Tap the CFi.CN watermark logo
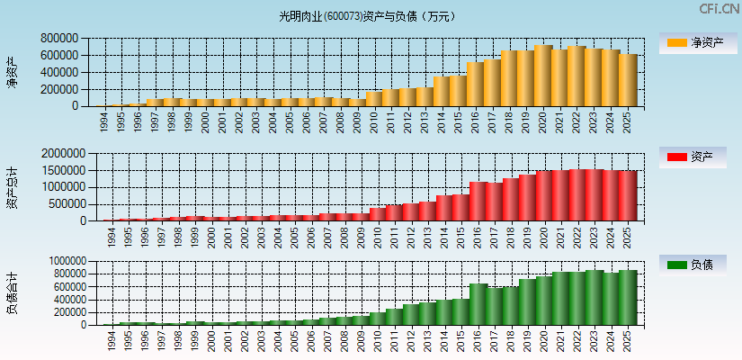[x=720, y=9]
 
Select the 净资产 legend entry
[x=693, y=42]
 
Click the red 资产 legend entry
[x=693, y=157]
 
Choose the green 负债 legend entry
[x=693, y=265]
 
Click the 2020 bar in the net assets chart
[x=542, y=76]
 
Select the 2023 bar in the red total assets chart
[x=593, y=195]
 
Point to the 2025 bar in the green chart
[x=627, y=298]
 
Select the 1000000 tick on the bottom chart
[x=63, y=261]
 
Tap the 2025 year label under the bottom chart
[x=626, y=341]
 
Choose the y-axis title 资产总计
[x=11, y=187]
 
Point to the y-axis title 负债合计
[x=11, y=293]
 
